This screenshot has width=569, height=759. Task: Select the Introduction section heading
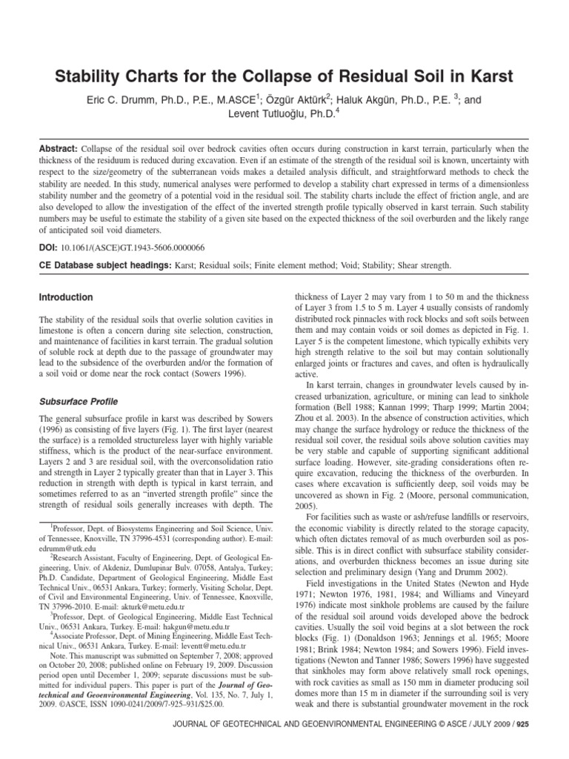[x=65, y=297]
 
